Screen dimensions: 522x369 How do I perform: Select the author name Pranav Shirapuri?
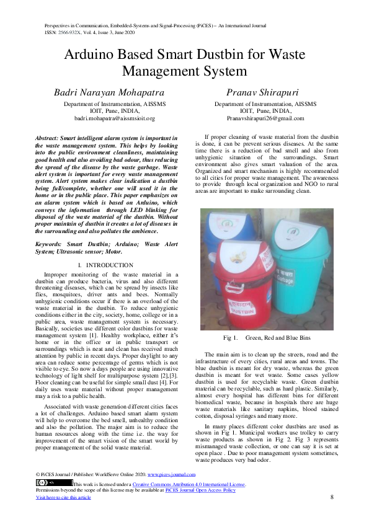(264, 92)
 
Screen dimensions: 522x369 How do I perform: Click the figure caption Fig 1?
(230, 338)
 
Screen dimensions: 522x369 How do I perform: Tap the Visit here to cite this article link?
(63, 497)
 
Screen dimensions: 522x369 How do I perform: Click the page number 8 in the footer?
(332, 497)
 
